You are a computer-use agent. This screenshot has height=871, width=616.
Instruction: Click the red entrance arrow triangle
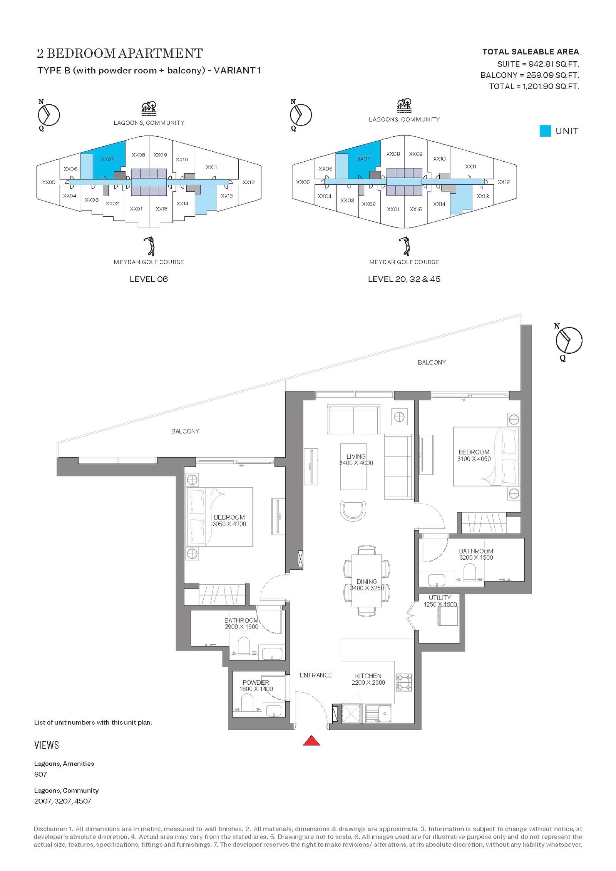pyautogui.click(x=311, y=741)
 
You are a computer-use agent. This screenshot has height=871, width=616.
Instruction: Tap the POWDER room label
pyautogui.click(x=256, y=682)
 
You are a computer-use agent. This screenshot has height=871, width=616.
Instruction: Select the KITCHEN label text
pyautogui.click(x=368, y=676)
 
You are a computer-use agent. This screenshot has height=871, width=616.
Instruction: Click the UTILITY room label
pyautogui.click(x=440, y=598)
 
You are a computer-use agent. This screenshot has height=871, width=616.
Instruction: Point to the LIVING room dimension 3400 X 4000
pyautogui.click(x=356, y=463)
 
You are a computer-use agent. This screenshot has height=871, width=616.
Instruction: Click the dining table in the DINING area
pyautogui.click(x=367, y=581)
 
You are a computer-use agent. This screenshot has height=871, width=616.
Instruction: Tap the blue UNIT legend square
pyautogui.click(x=545, y=131)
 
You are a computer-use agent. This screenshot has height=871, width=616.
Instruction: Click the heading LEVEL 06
pyautogui.click(x=149, y=279)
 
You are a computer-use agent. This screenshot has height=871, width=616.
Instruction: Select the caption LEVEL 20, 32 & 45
pyautogui.click(x=404, y=279)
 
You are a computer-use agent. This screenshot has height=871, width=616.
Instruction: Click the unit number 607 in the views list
pyautogui.click(x=40, y=774)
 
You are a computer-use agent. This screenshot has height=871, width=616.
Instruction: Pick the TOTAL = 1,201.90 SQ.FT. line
pyautogui.click(x=534, y=86)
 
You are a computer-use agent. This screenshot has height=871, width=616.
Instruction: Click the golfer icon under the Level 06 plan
pyautogui.click(x=149, y=246)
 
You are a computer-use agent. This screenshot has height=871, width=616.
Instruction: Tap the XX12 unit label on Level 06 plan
pyautogui.click(x=248, y=182)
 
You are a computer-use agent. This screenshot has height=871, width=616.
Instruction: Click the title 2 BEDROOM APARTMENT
pyautogui.click(x=120, y=53)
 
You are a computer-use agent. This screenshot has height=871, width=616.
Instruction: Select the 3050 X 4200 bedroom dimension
pyautogui.click(x=229, y=524)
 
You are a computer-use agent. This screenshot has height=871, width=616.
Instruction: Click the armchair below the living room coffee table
pyautogui.click(x=353, y=511)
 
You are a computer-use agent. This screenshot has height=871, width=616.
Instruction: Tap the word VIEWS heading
pyautogui.click(x=47, y=745)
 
